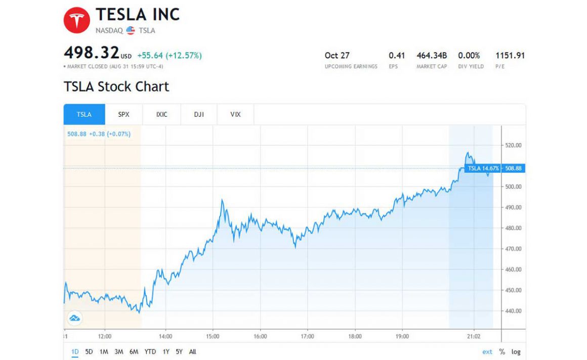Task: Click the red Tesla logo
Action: pos(76,20)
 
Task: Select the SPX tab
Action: pos(123,114)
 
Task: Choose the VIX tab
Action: pos(235,114)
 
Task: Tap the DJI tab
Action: pos(198,114)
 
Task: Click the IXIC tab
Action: pos(161,114)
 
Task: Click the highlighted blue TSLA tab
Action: pos(84,114)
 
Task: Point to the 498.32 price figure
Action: pos(92,53)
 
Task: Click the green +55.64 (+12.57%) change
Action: pos(170,56)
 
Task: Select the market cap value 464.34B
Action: pos(432,55)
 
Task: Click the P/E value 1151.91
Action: pos(510,55)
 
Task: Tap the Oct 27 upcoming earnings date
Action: pos(337,55)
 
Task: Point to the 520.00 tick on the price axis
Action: pos(513,145)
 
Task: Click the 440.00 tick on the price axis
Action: pos(513,311)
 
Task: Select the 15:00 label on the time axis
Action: pos(213,336)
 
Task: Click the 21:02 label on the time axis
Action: pos(473,336)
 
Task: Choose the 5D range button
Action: pos(89,352)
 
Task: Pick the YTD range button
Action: pos(150,352)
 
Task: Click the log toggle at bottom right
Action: pos(516,352)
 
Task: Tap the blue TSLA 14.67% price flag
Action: pos(483,168)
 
